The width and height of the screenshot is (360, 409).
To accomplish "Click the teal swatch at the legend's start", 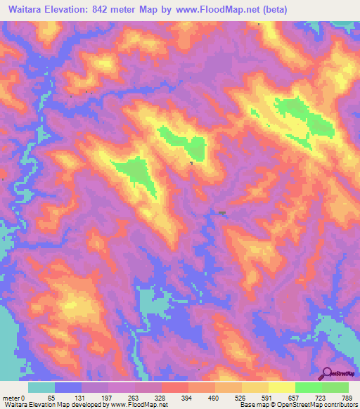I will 41,387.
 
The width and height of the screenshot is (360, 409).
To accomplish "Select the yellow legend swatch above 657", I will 282,387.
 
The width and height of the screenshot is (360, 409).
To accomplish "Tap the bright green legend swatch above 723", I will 309,387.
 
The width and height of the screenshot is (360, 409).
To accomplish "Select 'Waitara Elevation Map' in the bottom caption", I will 34,405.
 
